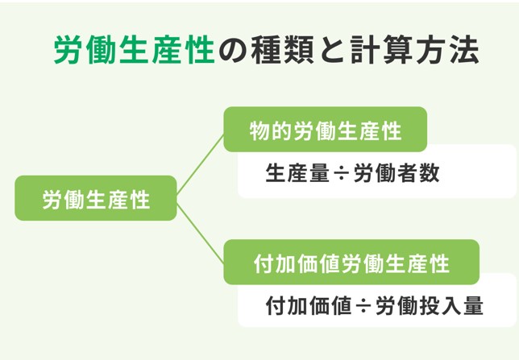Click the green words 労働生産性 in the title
(x=135, y=50)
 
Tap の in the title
(x=233, y=51)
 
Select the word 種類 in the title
(x=282, y=50)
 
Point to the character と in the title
(x=332, y=51)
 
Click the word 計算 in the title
(x=381, y=50)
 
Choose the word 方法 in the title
(x=447, y=50)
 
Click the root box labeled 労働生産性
(x=96, y=198)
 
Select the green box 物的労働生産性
(x=325, y=130)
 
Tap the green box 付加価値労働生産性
(x=351, y=262)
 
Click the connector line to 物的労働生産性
(x=200, y=164)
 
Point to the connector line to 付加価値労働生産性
(x=200, y=234)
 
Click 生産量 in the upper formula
(x=297, y=172)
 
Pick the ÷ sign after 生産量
(x=342, y=173)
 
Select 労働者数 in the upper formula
(x=397, y=172)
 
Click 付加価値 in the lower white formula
(x=309, y=305)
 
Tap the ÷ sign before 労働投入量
(x=363, y=306)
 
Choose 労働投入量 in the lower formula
(x=430, y=305)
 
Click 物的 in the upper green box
(x=271, y=130)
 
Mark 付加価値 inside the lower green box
(x=297, y=263)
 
